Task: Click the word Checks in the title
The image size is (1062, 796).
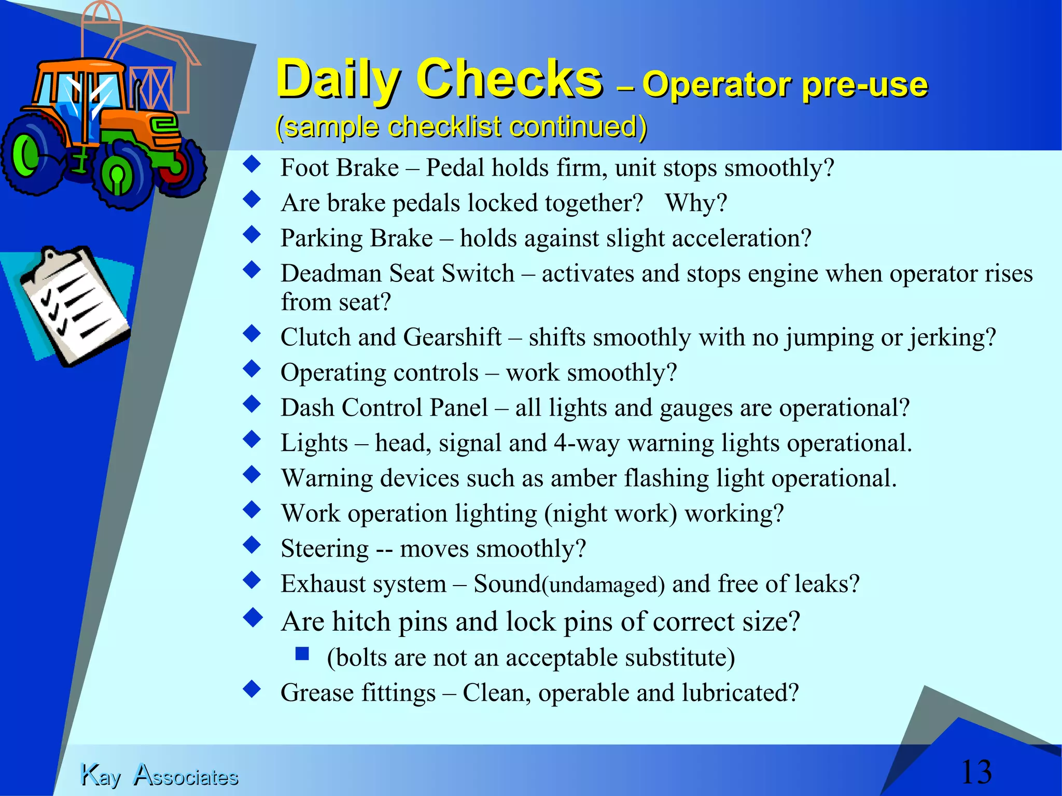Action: tap(509, 79)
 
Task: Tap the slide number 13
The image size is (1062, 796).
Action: tap(976, 772)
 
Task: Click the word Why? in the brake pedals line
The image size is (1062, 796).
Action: tap(696, 203)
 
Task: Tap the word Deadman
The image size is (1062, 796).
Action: tap(331, 273)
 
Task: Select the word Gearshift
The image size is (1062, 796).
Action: tap(452, 337)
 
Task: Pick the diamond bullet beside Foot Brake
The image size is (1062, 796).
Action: tap(252, 164)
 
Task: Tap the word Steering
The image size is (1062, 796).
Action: tap(325, 549)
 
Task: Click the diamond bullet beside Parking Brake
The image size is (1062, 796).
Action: tap(252, 235)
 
